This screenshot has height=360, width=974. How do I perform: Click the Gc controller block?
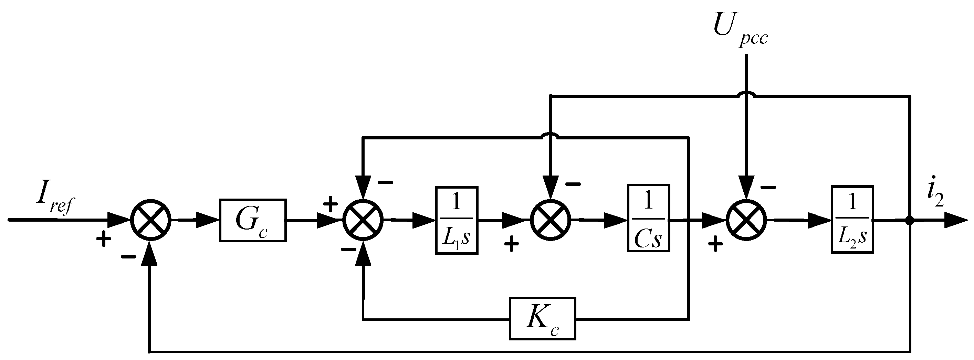[252, 220]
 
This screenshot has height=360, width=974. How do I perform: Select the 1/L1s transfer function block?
[457, 220]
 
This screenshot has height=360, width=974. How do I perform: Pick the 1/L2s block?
[852, 220]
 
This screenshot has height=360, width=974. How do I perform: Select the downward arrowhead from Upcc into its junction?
[746, 188]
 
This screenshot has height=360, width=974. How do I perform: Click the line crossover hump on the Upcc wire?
[746, 95]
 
